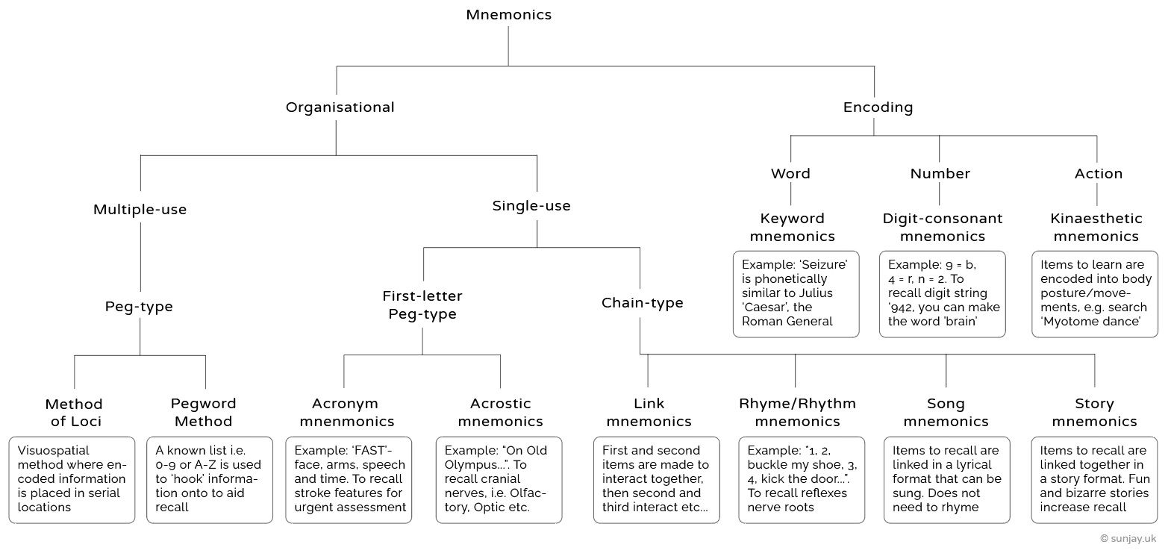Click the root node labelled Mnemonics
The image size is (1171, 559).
tap(508, 15)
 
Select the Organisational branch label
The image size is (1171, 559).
tap(340, 107)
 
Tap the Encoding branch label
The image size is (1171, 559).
tap(878, 107)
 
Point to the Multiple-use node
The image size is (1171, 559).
tap(140, 210)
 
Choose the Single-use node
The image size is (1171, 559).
tap(531, 206)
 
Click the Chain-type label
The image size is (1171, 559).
tap(642, 303)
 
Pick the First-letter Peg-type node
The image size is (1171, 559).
tap(422, 305)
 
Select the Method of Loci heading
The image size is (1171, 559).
tap(74, 413)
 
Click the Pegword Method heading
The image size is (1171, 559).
tap(203, 413)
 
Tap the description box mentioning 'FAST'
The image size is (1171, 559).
tap(349, 479)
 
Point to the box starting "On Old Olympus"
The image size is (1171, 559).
tap(498, 479)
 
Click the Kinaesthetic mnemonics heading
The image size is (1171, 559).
tap(1096, 228)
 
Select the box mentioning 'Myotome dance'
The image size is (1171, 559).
tap(1094, 293)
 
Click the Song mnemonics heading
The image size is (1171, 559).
tap(945, 413)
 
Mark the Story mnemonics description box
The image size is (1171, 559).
tap(1094, 479)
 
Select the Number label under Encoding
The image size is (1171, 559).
tap(940, 174)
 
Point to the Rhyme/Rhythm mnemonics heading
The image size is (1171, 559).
tap(797, 413)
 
